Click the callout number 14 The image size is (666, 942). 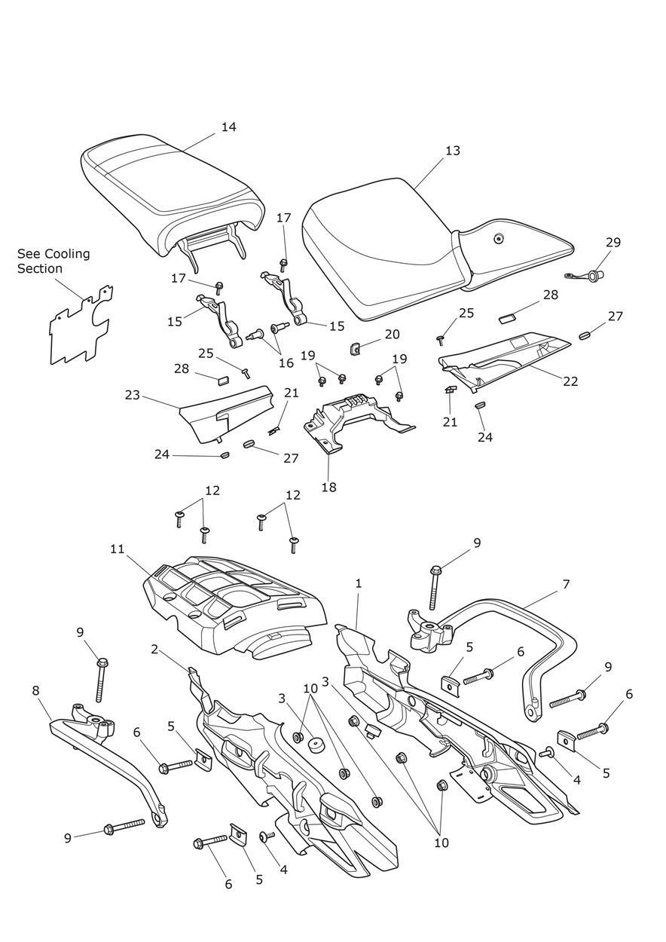(x=228, y=127)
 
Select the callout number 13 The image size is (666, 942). (x=452, y=151)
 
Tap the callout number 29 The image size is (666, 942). (x=613, y=243)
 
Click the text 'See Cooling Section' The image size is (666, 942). (x=53, y=261)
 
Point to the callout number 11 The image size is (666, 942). (x=117, y=549)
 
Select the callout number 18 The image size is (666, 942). (x=328, y=487)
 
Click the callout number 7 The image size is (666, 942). (x=566, y=584)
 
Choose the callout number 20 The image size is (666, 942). (x=392, y=334)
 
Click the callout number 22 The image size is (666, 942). (x=570, y=381)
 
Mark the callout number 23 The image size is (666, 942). (x=133, y=394)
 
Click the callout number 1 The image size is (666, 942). (x=359, y=583)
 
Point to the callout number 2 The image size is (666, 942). (x=154, y=649)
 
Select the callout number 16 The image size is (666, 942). (x=286, y=362)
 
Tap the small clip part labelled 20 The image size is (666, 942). (x=353, y=347)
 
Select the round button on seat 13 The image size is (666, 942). (x=498, y=240)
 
